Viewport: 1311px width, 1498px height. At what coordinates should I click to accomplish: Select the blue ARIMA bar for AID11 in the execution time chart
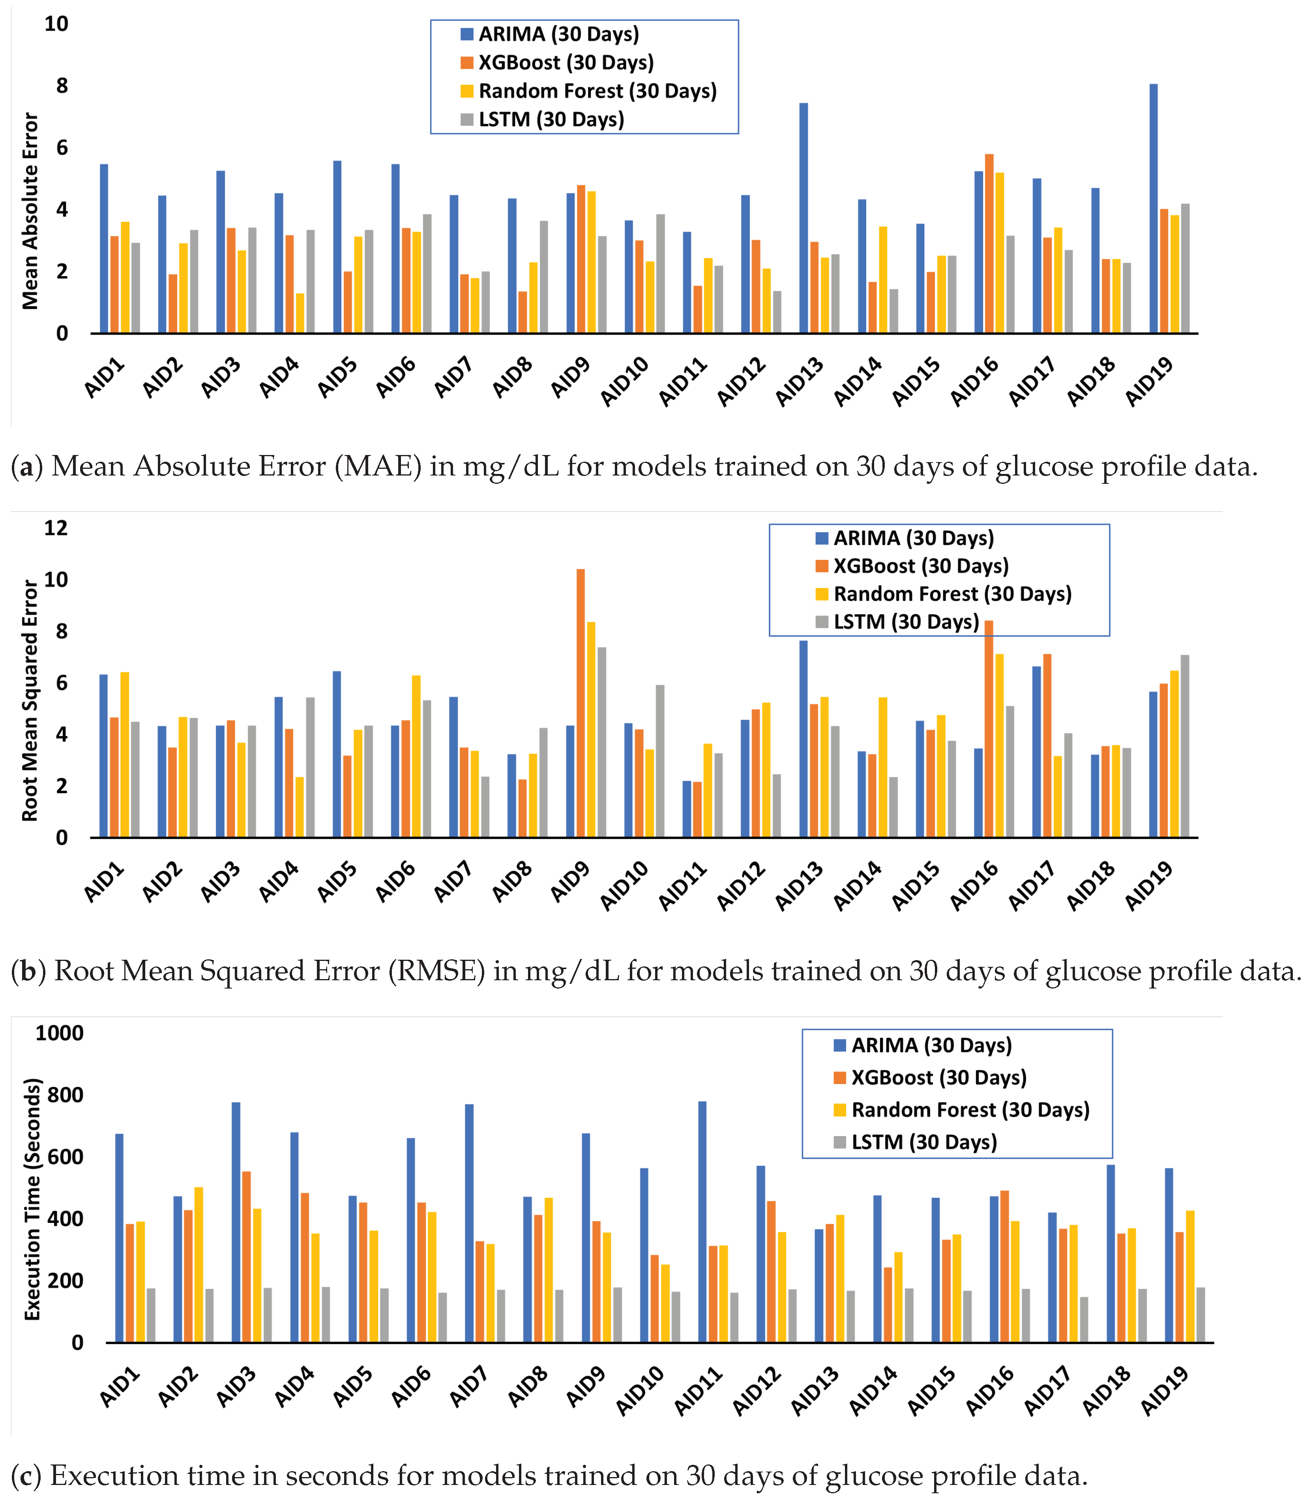pos(702,1221)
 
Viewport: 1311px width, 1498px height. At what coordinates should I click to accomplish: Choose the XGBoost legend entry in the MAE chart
pos(566,63)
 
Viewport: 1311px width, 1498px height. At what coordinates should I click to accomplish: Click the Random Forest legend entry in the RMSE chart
pos(952,594)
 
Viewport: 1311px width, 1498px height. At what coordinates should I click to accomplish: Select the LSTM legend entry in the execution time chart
pos(923,1142)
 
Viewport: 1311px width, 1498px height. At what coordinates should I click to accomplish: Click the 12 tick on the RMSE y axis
pos(56,528)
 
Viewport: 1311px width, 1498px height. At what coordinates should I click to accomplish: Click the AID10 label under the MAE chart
pos(624,381)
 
